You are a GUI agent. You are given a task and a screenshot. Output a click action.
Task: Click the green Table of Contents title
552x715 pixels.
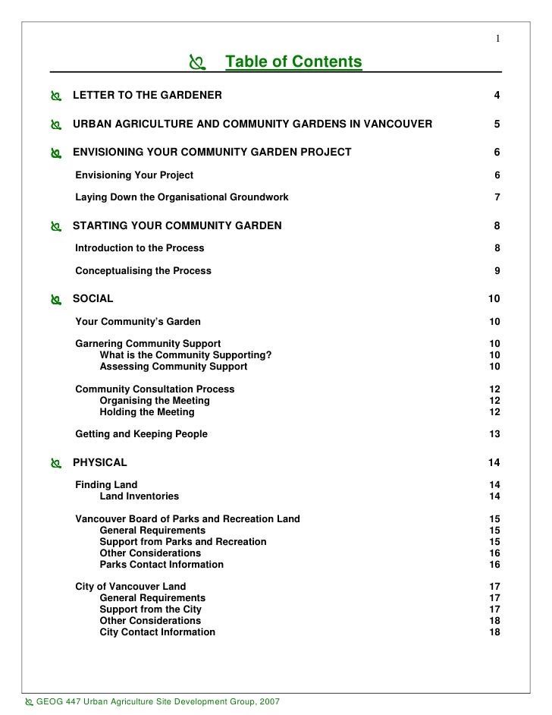(x=293, y=61)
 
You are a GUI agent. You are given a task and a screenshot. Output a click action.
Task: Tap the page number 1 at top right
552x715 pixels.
(x=497, y=39)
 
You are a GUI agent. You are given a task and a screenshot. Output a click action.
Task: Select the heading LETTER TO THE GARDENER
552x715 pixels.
(x=147, y=96)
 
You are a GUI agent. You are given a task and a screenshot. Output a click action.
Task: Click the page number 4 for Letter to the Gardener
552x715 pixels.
(x=497, y=96)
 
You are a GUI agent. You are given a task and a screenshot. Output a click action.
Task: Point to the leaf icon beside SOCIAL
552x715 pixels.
(x=55, y=300)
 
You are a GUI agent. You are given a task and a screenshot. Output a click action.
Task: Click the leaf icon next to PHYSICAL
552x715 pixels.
(x=55, y=463)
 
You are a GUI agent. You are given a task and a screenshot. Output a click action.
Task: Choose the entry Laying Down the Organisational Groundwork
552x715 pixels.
(x=181, y=197)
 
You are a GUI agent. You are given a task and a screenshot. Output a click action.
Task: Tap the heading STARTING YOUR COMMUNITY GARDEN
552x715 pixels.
(x=177, y=225)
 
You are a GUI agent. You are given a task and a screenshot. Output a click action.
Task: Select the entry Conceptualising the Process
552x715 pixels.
(x=143, y=270)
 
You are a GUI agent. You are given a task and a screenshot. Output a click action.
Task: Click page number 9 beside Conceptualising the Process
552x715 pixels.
(x=497, y=270)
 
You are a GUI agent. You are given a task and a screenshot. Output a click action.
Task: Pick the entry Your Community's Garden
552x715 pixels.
(x=138, y=322)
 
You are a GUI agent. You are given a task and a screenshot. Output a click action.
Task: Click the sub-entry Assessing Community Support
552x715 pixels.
(x=173, y=367)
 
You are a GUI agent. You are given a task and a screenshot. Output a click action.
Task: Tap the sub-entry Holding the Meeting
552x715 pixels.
(x=146, y=412)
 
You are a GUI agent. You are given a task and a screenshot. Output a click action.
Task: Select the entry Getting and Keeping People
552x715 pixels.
(x=141, y=434)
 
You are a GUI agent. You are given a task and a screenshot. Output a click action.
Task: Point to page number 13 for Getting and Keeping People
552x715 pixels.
(x=494, y=434)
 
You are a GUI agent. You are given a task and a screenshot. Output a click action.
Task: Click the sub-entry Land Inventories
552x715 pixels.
(x=139, y=496)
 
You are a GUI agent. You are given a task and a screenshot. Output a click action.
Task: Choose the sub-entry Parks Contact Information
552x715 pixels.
(x=162, y=565)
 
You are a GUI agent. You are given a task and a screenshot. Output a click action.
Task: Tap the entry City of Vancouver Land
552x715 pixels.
(x=130, y=587)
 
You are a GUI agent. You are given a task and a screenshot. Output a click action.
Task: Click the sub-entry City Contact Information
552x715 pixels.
(x=157, y=632)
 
